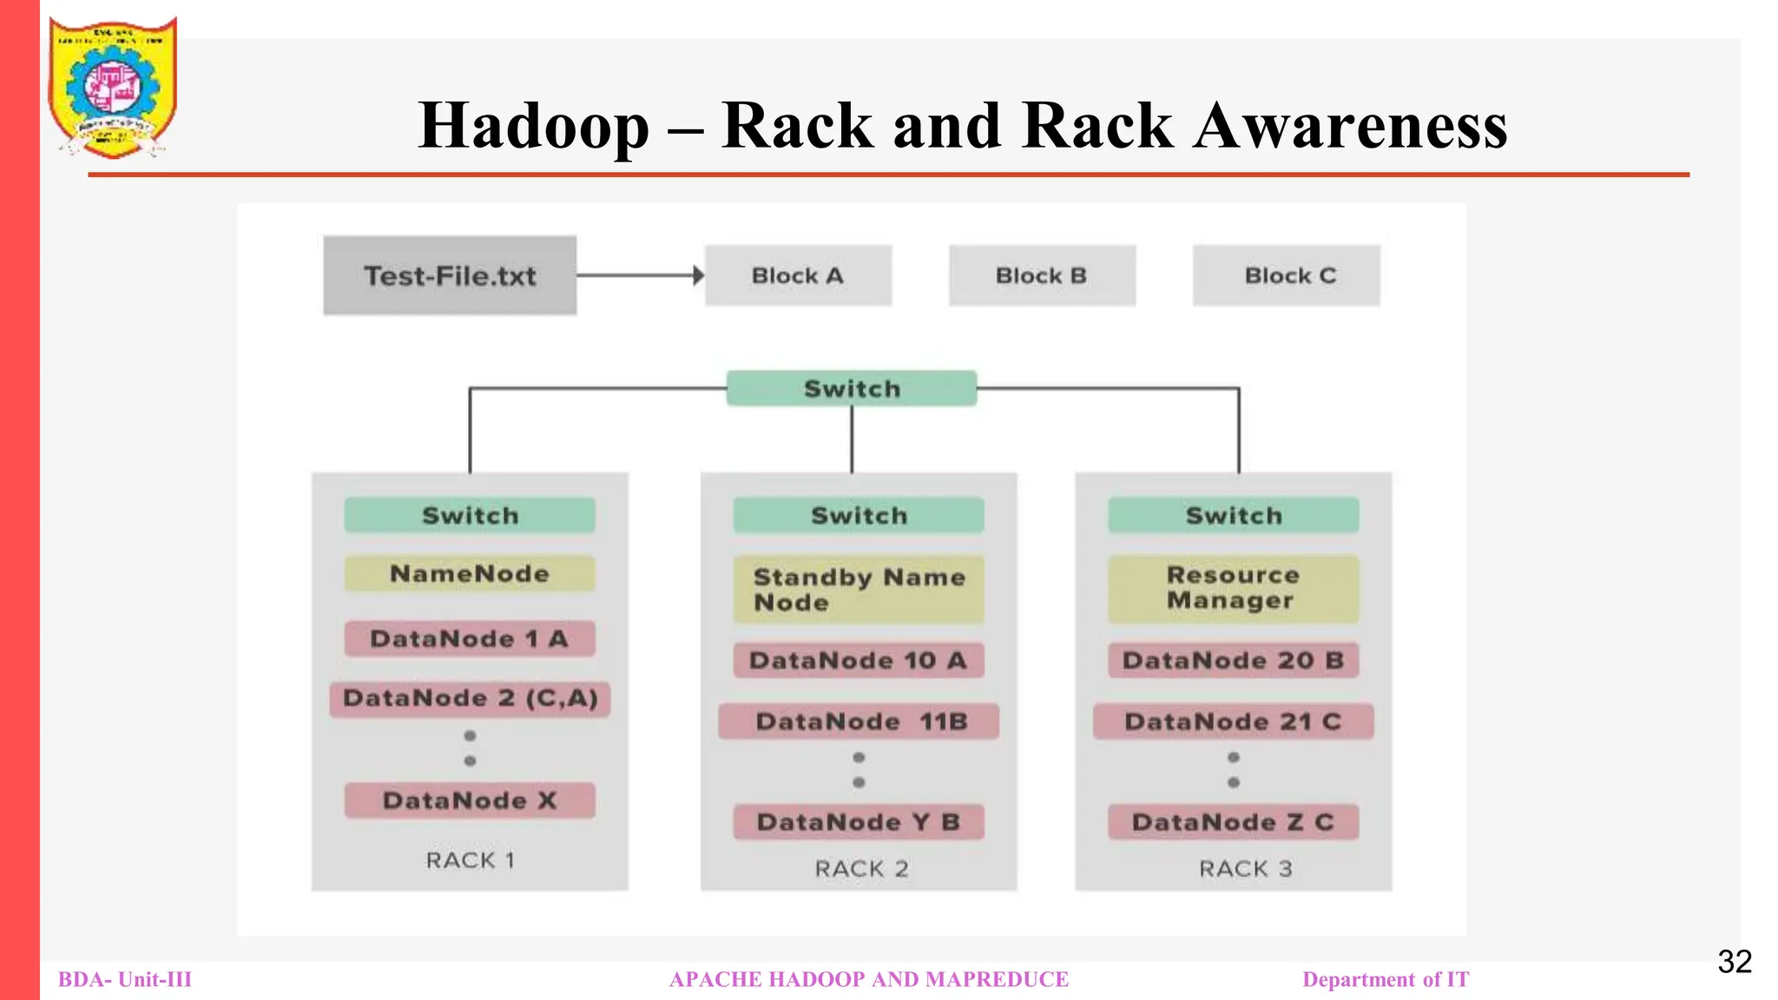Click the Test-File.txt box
point(450,275)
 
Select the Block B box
point(1042,275)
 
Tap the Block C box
point(1286,275)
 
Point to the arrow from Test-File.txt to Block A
point(640,275)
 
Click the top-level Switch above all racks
point(852,388)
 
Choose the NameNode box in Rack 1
point(470,574)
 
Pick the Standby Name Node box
point(859,589)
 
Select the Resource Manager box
point(1233,589)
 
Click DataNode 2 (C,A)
point(470,698)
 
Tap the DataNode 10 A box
point(859,661)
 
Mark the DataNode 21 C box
point(1233,721)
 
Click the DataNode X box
point(470,800)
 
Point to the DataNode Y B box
point(859,822)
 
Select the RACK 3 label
point(1245,869)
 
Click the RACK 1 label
point(470,860)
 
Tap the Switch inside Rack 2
point(859,516)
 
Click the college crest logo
point(113,87)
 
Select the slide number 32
point(1734,962)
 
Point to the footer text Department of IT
point(1386,979)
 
